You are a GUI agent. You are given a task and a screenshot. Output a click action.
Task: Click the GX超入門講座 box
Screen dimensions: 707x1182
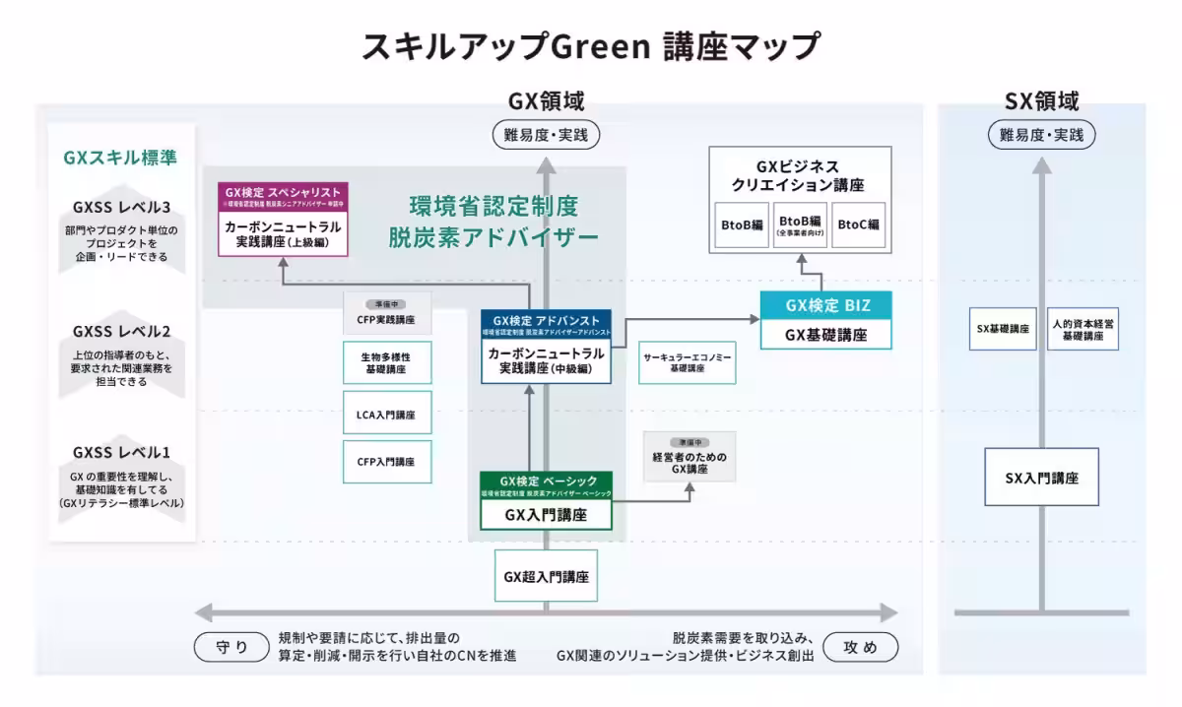546,576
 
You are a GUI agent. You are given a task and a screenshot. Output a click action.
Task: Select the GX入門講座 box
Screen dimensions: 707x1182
546,514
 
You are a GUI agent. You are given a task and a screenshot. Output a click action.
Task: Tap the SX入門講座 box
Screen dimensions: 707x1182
1041,478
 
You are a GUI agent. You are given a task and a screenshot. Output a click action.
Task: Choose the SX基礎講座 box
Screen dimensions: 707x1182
1003,329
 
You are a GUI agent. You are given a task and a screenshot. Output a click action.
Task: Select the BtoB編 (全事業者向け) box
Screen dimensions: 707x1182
799,225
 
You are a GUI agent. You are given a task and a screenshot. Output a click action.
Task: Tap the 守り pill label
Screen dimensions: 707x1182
232,647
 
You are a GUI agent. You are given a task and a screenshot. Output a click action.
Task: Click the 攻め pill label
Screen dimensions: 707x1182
860,647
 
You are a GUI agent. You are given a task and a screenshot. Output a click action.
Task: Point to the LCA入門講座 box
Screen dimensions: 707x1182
379,415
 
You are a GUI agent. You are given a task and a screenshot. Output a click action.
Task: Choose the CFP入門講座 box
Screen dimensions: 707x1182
379,461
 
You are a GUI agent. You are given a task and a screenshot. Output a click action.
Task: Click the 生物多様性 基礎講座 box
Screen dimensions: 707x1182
379,362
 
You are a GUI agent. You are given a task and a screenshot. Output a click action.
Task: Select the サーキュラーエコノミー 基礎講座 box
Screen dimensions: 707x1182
687,362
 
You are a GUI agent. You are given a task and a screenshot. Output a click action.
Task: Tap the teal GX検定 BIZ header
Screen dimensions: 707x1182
827,305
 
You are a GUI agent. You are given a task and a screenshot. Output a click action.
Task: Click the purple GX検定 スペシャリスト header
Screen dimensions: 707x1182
283,193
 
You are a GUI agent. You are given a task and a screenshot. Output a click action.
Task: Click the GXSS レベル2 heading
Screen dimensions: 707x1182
121,331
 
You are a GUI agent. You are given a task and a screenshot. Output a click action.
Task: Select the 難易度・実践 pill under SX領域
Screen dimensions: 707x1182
1041,135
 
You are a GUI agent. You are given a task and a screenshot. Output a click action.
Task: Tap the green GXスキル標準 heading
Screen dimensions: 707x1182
120,157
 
